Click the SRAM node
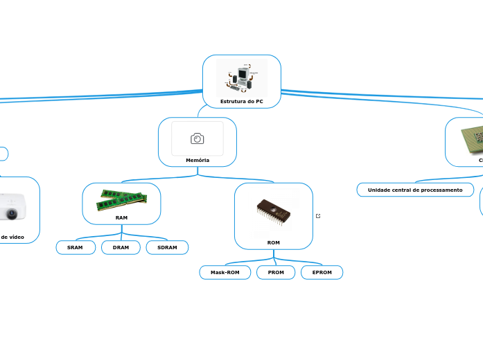[x=75, y=247]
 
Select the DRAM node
[x=121, y=247]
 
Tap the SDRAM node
[x=167, y=247]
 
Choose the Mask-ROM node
[x=225, y=273]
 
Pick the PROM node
[x=276, y=273]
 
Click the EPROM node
[x=322, y=273]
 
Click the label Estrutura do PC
[x=241, y=102]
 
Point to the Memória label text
[x=197, y=160]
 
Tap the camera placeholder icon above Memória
[x=197, y=138]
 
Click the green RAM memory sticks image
[x=121, y=199]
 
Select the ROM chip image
[x=274, y=213]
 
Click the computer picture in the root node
[x=241, y=78]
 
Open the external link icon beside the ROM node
[x=318, y=216]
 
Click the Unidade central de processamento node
[x=415, y=190]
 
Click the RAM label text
[x=121, y=217]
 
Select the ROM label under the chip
[x=274, y=242]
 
